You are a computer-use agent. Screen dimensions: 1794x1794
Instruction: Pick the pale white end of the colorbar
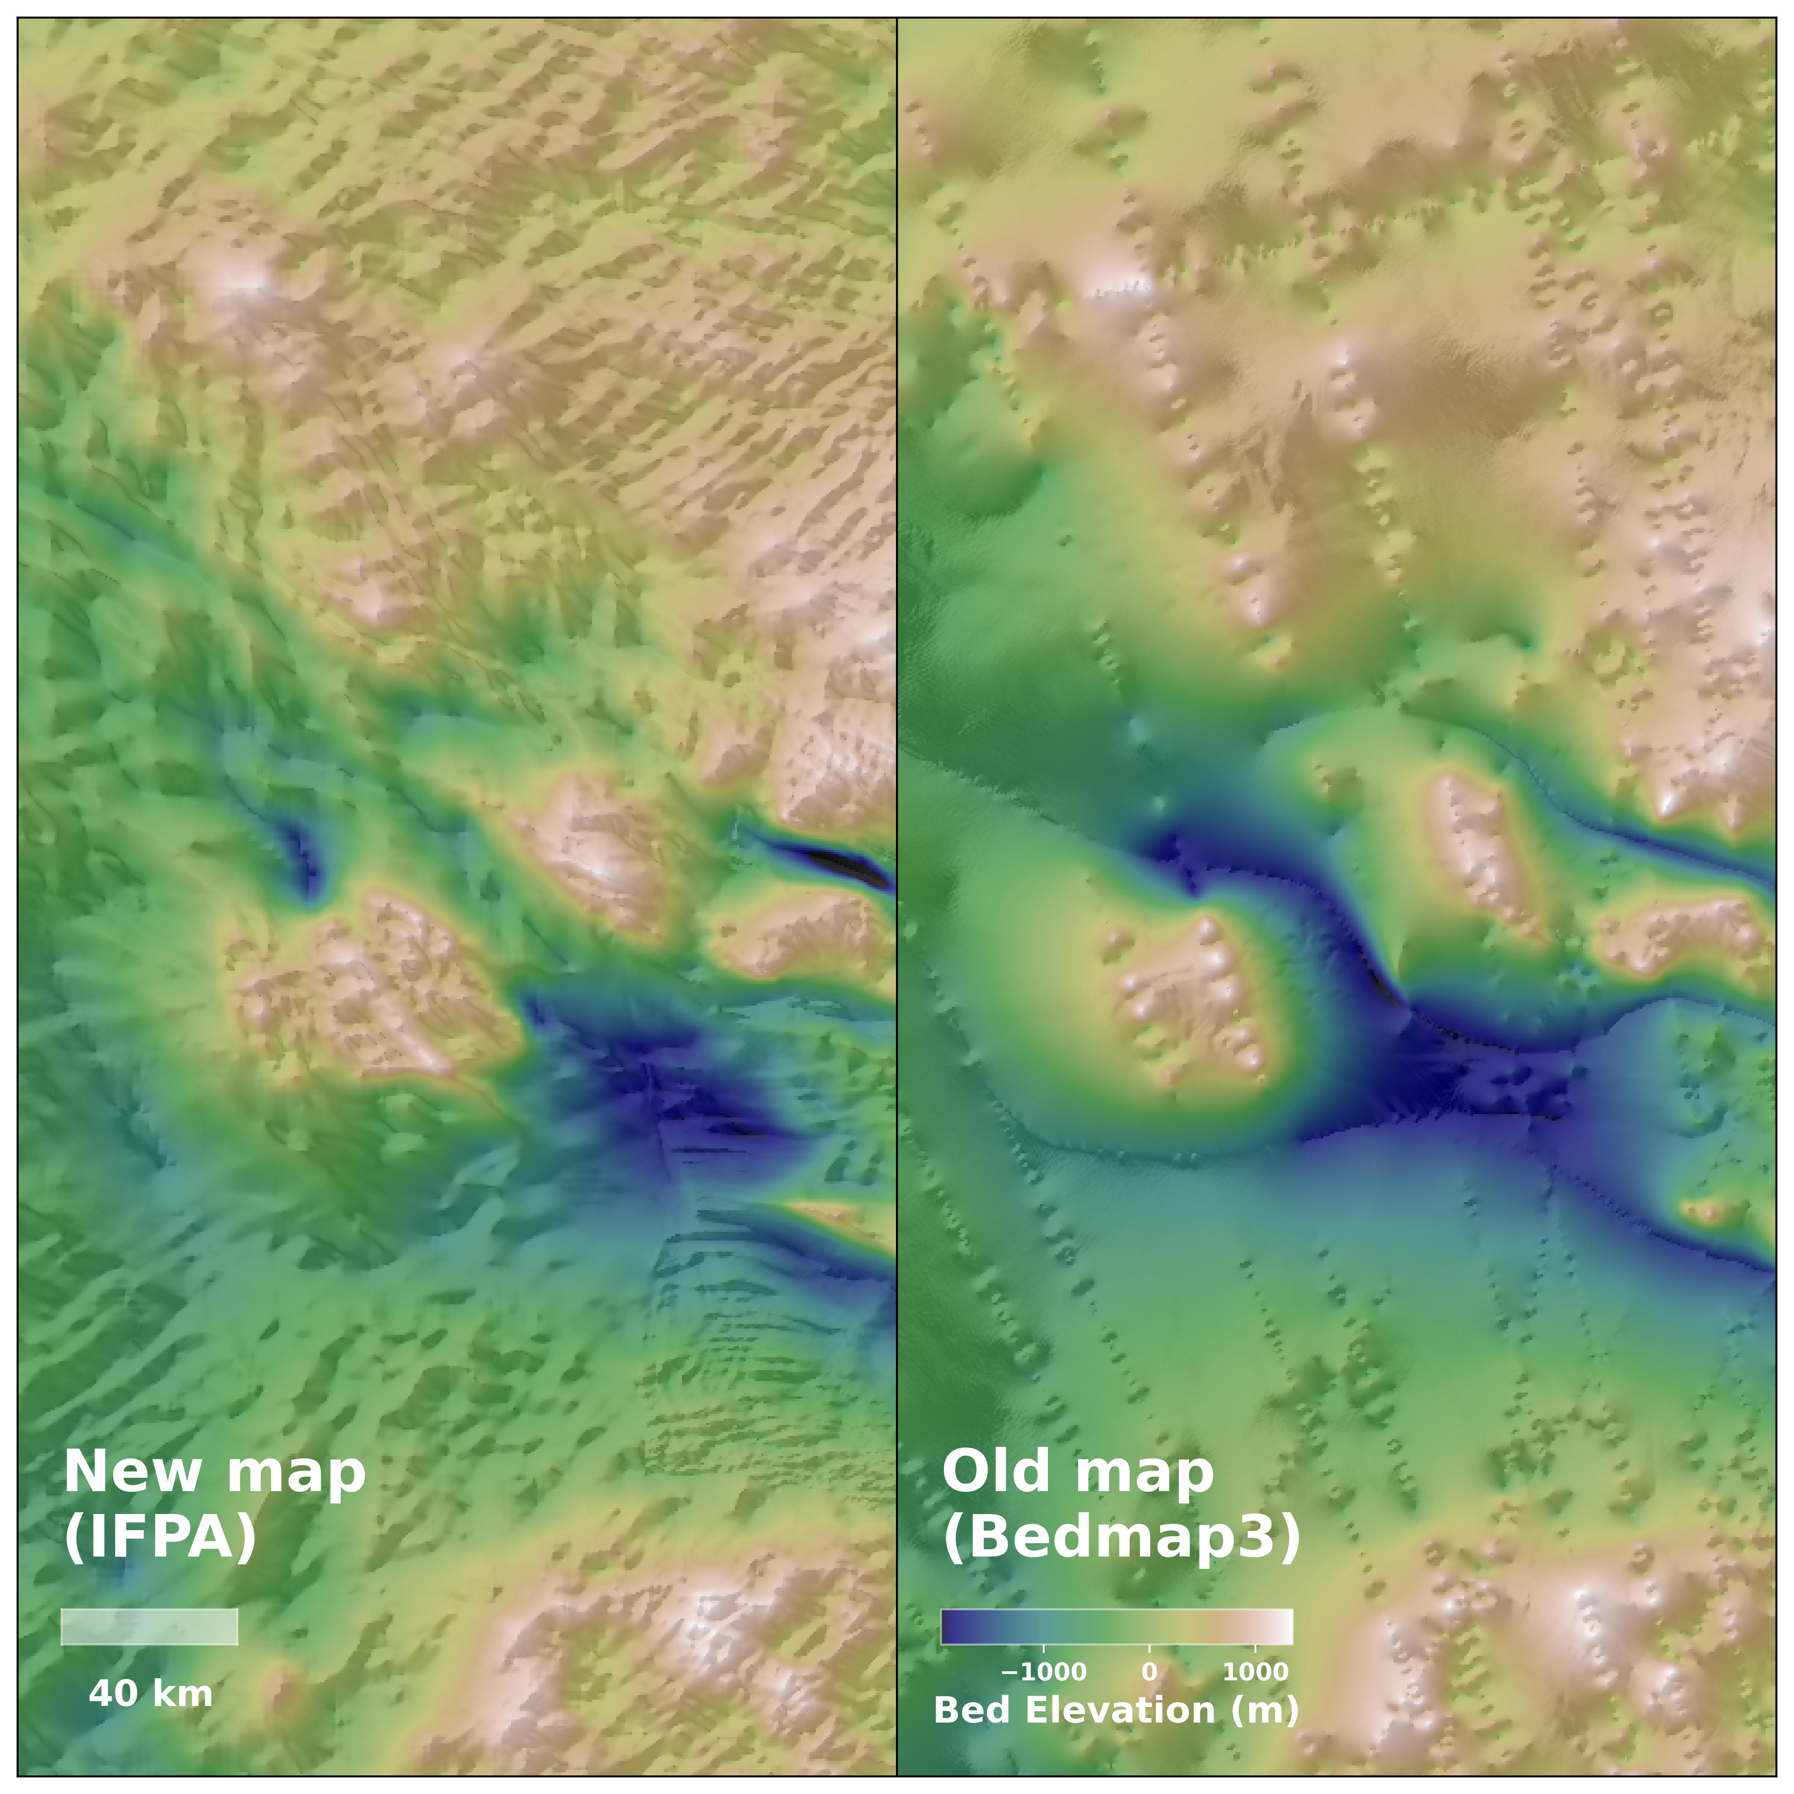click(1284, 1627)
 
